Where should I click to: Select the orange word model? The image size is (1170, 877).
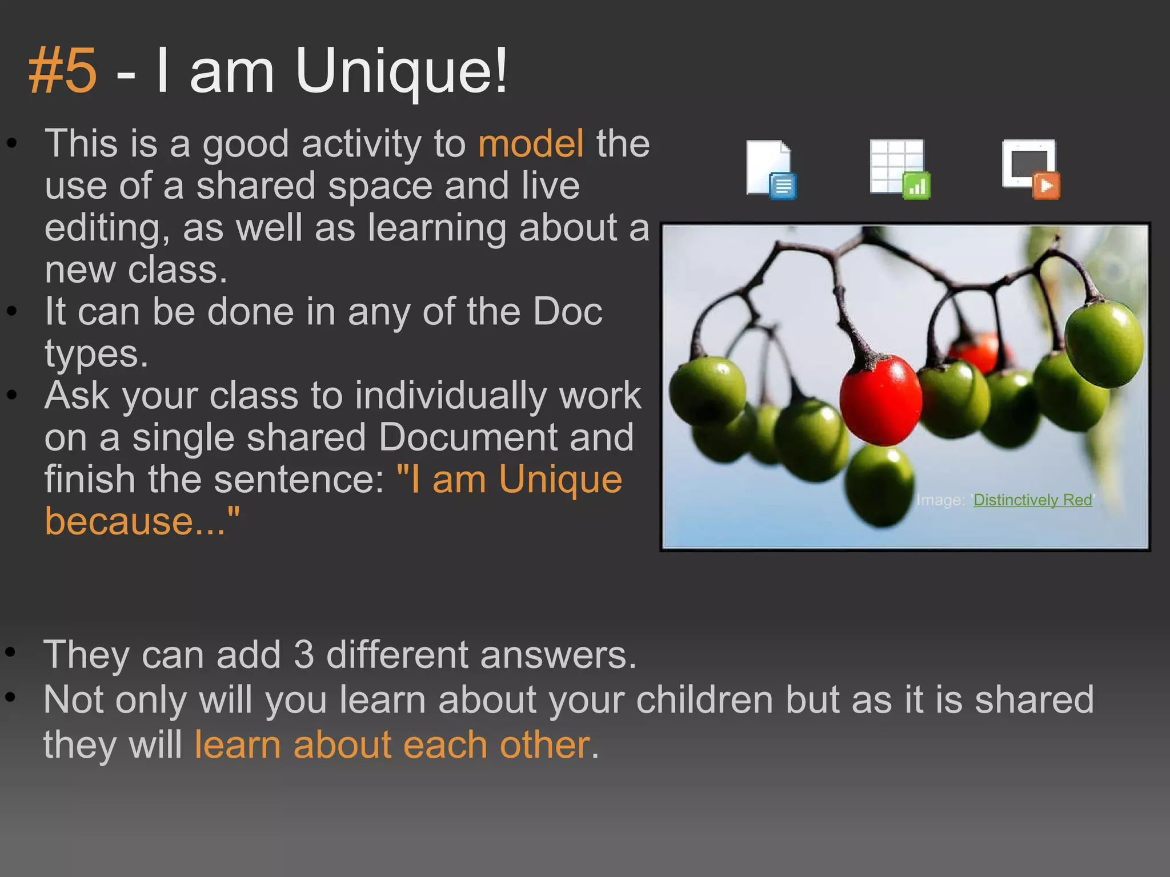[531, 143]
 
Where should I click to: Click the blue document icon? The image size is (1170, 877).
[771, 170]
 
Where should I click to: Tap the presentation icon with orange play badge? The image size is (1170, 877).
[1031, 170]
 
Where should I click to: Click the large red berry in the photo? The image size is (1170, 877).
[880, 400]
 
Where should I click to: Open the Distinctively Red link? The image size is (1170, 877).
[1032, 500]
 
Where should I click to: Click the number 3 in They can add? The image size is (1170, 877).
[303, 654]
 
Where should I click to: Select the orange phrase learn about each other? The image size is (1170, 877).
[392, 745]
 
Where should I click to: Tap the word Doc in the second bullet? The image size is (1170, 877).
[567, 312]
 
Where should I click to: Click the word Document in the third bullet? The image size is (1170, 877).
[468, 437]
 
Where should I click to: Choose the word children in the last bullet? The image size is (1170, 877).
[704, 699]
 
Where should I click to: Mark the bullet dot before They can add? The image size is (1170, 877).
[10, 651]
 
